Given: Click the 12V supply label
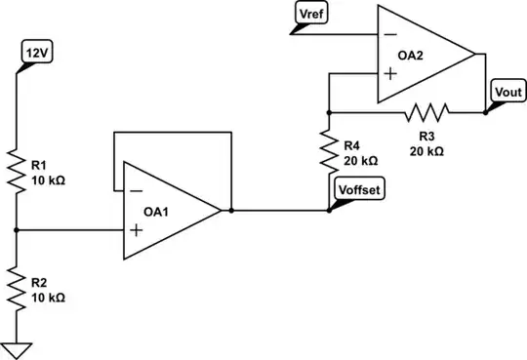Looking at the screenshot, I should point(34,52).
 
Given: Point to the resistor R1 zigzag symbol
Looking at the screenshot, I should point(18,167).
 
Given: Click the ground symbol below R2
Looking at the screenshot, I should point(18,348).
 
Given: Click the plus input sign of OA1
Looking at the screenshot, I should point(136,230).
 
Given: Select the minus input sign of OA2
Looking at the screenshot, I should point(390,33).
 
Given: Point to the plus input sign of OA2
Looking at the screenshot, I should point(390,73).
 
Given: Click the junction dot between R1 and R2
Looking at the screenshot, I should point(18,230).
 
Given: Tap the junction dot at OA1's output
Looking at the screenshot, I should point(230,210).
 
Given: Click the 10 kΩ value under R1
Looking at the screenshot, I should point(48,180).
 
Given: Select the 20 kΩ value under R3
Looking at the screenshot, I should point(426,151).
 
